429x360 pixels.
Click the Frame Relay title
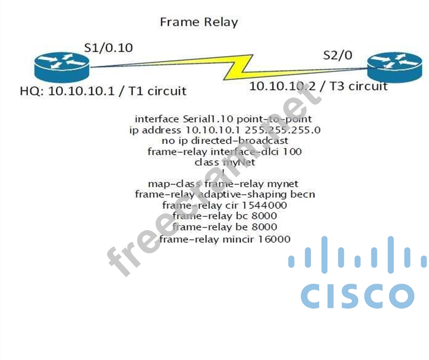click(x=198, y=22)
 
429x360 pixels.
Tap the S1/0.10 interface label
click(x=109, y=48)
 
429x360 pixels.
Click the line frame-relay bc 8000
click(x=224, y=216)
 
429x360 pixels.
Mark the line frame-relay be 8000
click(x=224, y=227)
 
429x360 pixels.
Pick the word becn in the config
click(x=303, y=194)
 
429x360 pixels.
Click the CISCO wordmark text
click(x=357, y=296)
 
